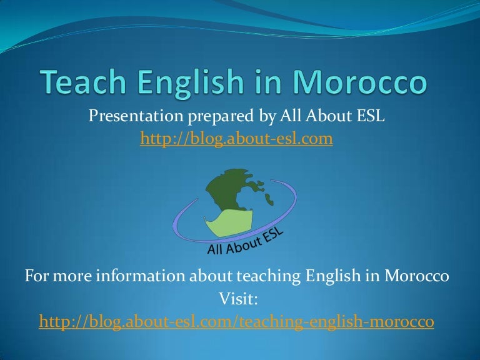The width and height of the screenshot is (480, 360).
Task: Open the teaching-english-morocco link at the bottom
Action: point(236,322)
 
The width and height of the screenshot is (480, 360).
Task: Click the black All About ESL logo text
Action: point(245,242)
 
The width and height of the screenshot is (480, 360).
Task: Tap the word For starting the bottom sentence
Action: point(36,276)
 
